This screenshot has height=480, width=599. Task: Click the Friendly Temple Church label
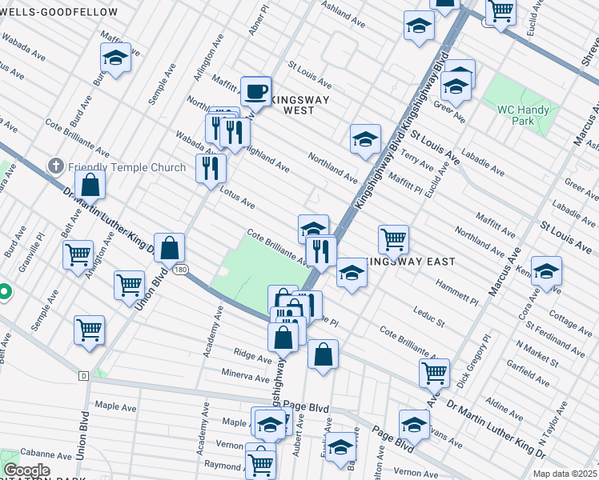point(117,166)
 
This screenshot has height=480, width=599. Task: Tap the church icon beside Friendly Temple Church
point(55,166)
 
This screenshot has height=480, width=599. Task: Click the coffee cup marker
point(255,91)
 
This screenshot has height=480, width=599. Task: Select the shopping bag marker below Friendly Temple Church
point(91,185)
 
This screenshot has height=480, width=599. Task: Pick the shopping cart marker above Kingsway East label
point(393,238)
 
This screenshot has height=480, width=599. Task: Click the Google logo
point(26,470)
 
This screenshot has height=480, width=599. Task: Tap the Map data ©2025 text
point(565,473)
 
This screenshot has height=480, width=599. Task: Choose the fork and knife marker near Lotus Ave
point(211,168)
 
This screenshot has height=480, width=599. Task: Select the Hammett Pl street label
point(456,291)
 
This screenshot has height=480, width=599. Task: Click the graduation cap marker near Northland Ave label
point(365,138)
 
